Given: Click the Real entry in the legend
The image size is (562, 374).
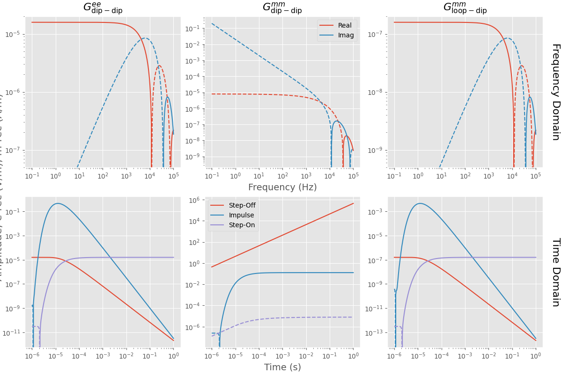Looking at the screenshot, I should (x=345, y=25).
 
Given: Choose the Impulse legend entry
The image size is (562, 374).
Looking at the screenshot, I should (x=242, y=215).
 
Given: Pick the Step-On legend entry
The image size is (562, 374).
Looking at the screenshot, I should (x=242, y=225).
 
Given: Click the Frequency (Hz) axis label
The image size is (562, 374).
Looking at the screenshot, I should (x=282, y=187).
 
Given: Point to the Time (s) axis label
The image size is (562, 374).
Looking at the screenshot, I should (x=282, y=367).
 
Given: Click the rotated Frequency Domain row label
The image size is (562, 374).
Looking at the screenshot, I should (x=555, y=92).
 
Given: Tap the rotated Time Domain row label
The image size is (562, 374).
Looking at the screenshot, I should (x=555, y=272).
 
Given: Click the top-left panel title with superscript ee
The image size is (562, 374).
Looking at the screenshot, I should (x=103, y=8).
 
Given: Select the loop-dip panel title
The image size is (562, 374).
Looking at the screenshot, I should (x=465, y=8).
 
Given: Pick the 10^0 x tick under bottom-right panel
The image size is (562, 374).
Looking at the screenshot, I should (x=536, y=356).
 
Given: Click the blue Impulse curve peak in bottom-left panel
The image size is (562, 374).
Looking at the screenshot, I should (x=57, y=203).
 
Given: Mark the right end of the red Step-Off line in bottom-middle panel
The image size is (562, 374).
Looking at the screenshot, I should (x=353, y=203).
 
